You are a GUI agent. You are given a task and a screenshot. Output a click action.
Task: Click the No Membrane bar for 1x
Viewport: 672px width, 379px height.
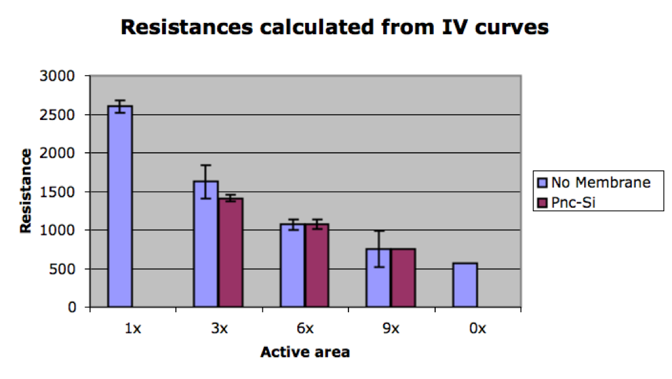pyautogui.click(x=120, y=207)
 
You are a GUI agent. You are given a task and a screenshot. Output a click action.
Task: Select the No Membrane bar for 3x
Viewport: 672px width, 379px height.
pyautogui.click(x=205, y=244)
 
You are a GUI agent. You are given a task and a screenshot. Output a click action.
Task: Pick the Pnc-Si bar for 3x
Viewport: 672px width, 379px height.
pyautogui.click(x=230, y=252)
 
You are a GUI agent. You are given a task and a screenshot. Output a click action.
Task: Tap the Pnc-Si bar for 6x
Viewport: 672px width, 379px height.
pyautogui.click(x=317, y=266)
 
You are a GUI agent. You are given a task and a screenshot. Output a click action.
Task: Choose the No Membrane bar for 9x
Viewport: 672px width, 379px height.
pyautogui.click(x=379, y=278)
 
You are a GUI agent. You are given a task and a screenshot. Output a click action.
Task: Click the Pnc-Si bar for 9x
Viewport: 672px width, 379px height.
pyautogui.click(x=404, y=278)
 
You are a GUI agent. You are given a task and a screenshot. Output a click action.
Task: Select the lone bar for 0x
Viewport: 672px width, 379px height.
pyautogui.click(x=465, y=285)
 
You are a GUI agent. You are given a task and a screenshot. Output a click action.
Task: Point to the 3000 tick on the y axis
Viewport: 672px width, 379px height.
pyautogui.click(x=57, y=76)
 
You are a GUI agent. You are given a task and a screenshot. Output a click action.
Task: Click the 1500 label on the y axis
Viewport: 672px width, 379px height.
pyautogui.click(x=57, y=192)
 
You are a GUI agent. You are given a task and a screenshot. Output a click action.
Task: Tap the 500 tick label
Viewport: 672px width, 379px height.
pyautogui.click(x=62, y=269)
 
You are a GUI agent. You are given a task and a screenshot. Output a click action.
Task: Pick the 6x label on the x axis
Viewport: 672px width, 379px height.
pyautogui.click(x=305, y=329)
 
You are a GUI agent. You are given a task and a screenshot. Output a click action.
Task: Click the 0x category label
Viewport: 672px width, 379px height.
pyautogui.click(x=478, y=329)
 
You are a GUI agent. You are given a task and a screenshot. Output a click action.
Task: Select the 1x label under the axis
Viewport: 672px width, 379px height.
pyautogui.click(x=133, y=329)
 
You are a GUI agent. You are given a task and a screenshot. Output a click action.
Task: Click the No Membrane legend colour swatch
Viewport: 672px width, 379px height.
pyautogui.click(x=543, y=183)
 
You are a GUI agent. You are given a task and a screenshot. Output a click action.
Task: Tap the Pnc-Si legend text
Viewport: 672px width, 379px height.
pyautogui.click(x=574, y=203)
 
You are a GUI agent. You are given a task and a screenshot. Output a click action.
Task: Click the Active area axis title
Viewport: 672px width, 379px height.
pyautogui.click(x=305, y=352)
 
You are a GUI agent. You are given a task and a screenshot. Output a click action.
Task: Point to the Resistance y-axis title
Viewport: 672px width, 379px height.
pyautogui.click(x=26, y=191)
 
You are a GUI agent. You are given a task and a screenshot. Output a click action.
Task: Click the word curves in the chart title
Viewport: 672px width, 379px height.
pyautogui.click(x=512, y=28)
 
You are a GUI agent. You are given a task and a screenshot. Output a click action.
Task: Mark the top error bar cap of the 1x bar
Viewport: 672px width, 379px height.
pyautogui.click(x=120, y=100)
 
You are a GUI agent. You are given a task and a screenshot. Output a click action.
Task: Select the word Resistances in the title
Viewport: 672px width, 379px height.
pyautogui.click(x=187, y=28)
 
